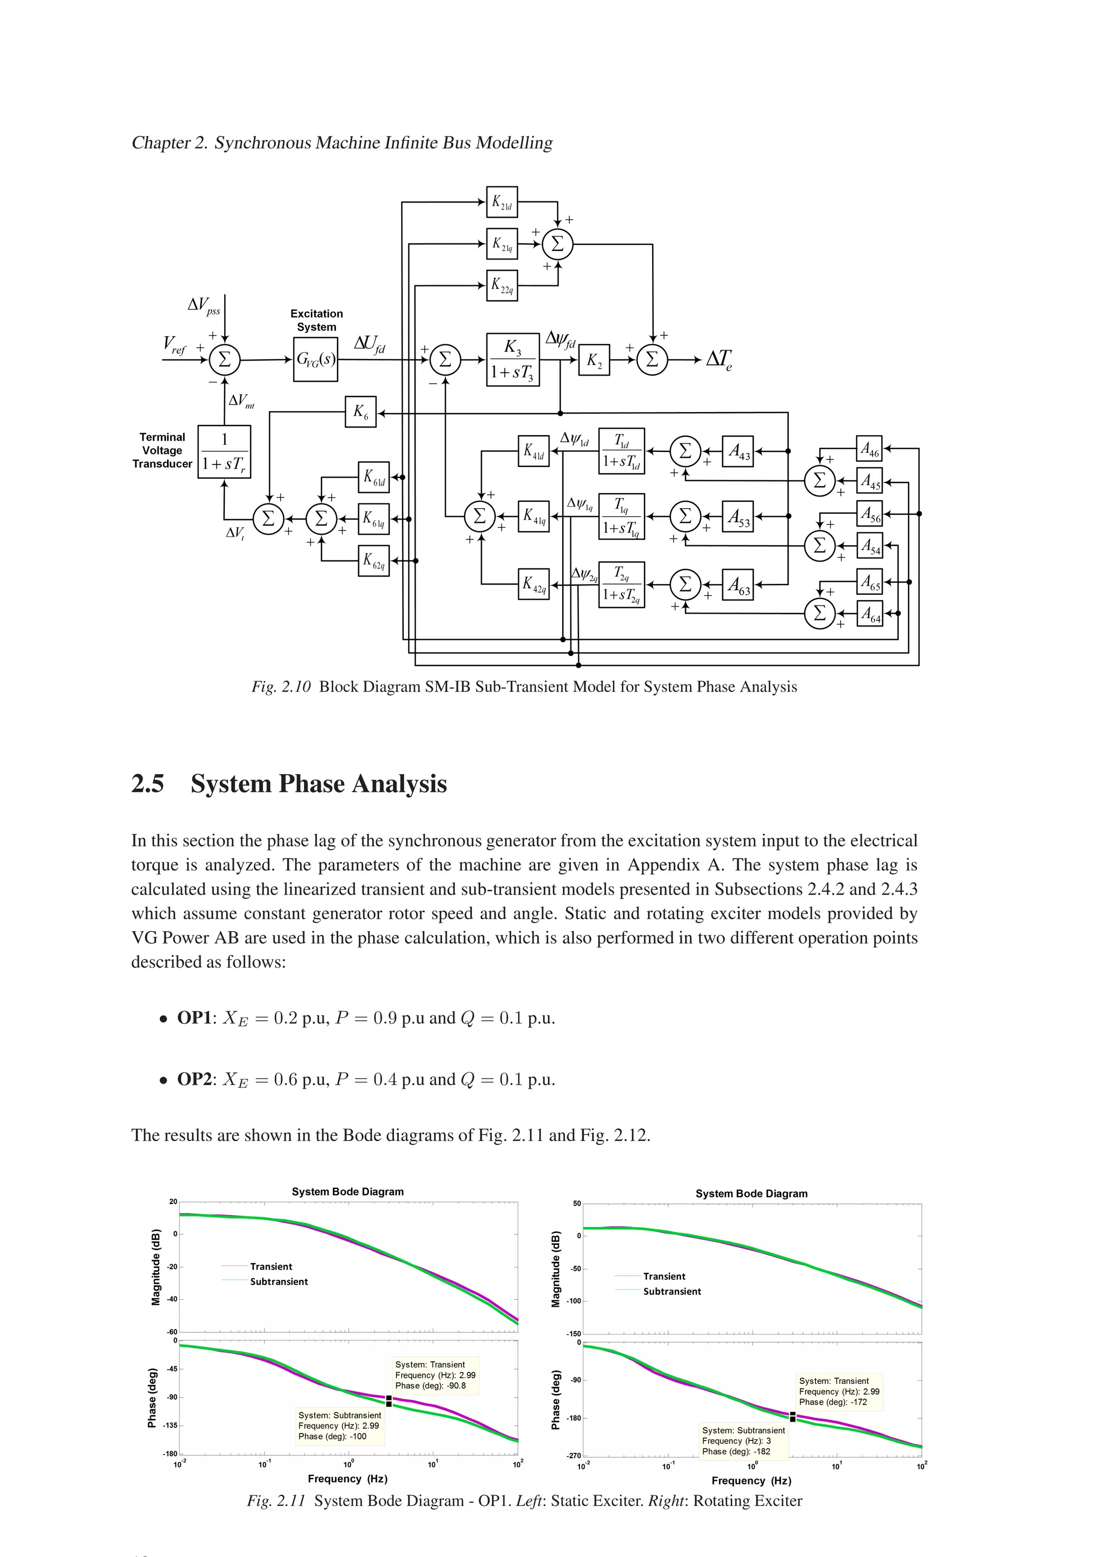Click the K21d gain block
point(502,202)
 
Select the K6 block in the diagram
point(360,412)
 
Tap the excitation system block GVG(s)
point(316,359)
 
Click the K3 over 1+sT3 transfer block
point(512,359)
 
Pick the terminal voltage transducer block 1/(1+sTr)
point(224,452)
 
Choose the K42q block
point(533,585)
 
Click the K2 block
point(594,359)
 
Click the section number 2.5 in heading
point(147,784)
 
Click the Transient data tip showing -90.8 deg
point(435,1375)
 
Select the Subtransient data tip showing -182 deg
point(743,1441)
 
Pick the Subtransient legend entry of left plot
point(278,1282)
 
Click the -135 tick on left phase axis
point(170,1425)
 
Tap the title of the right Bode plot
point(751,1193)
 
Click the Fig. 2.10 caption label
point(281,687)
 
